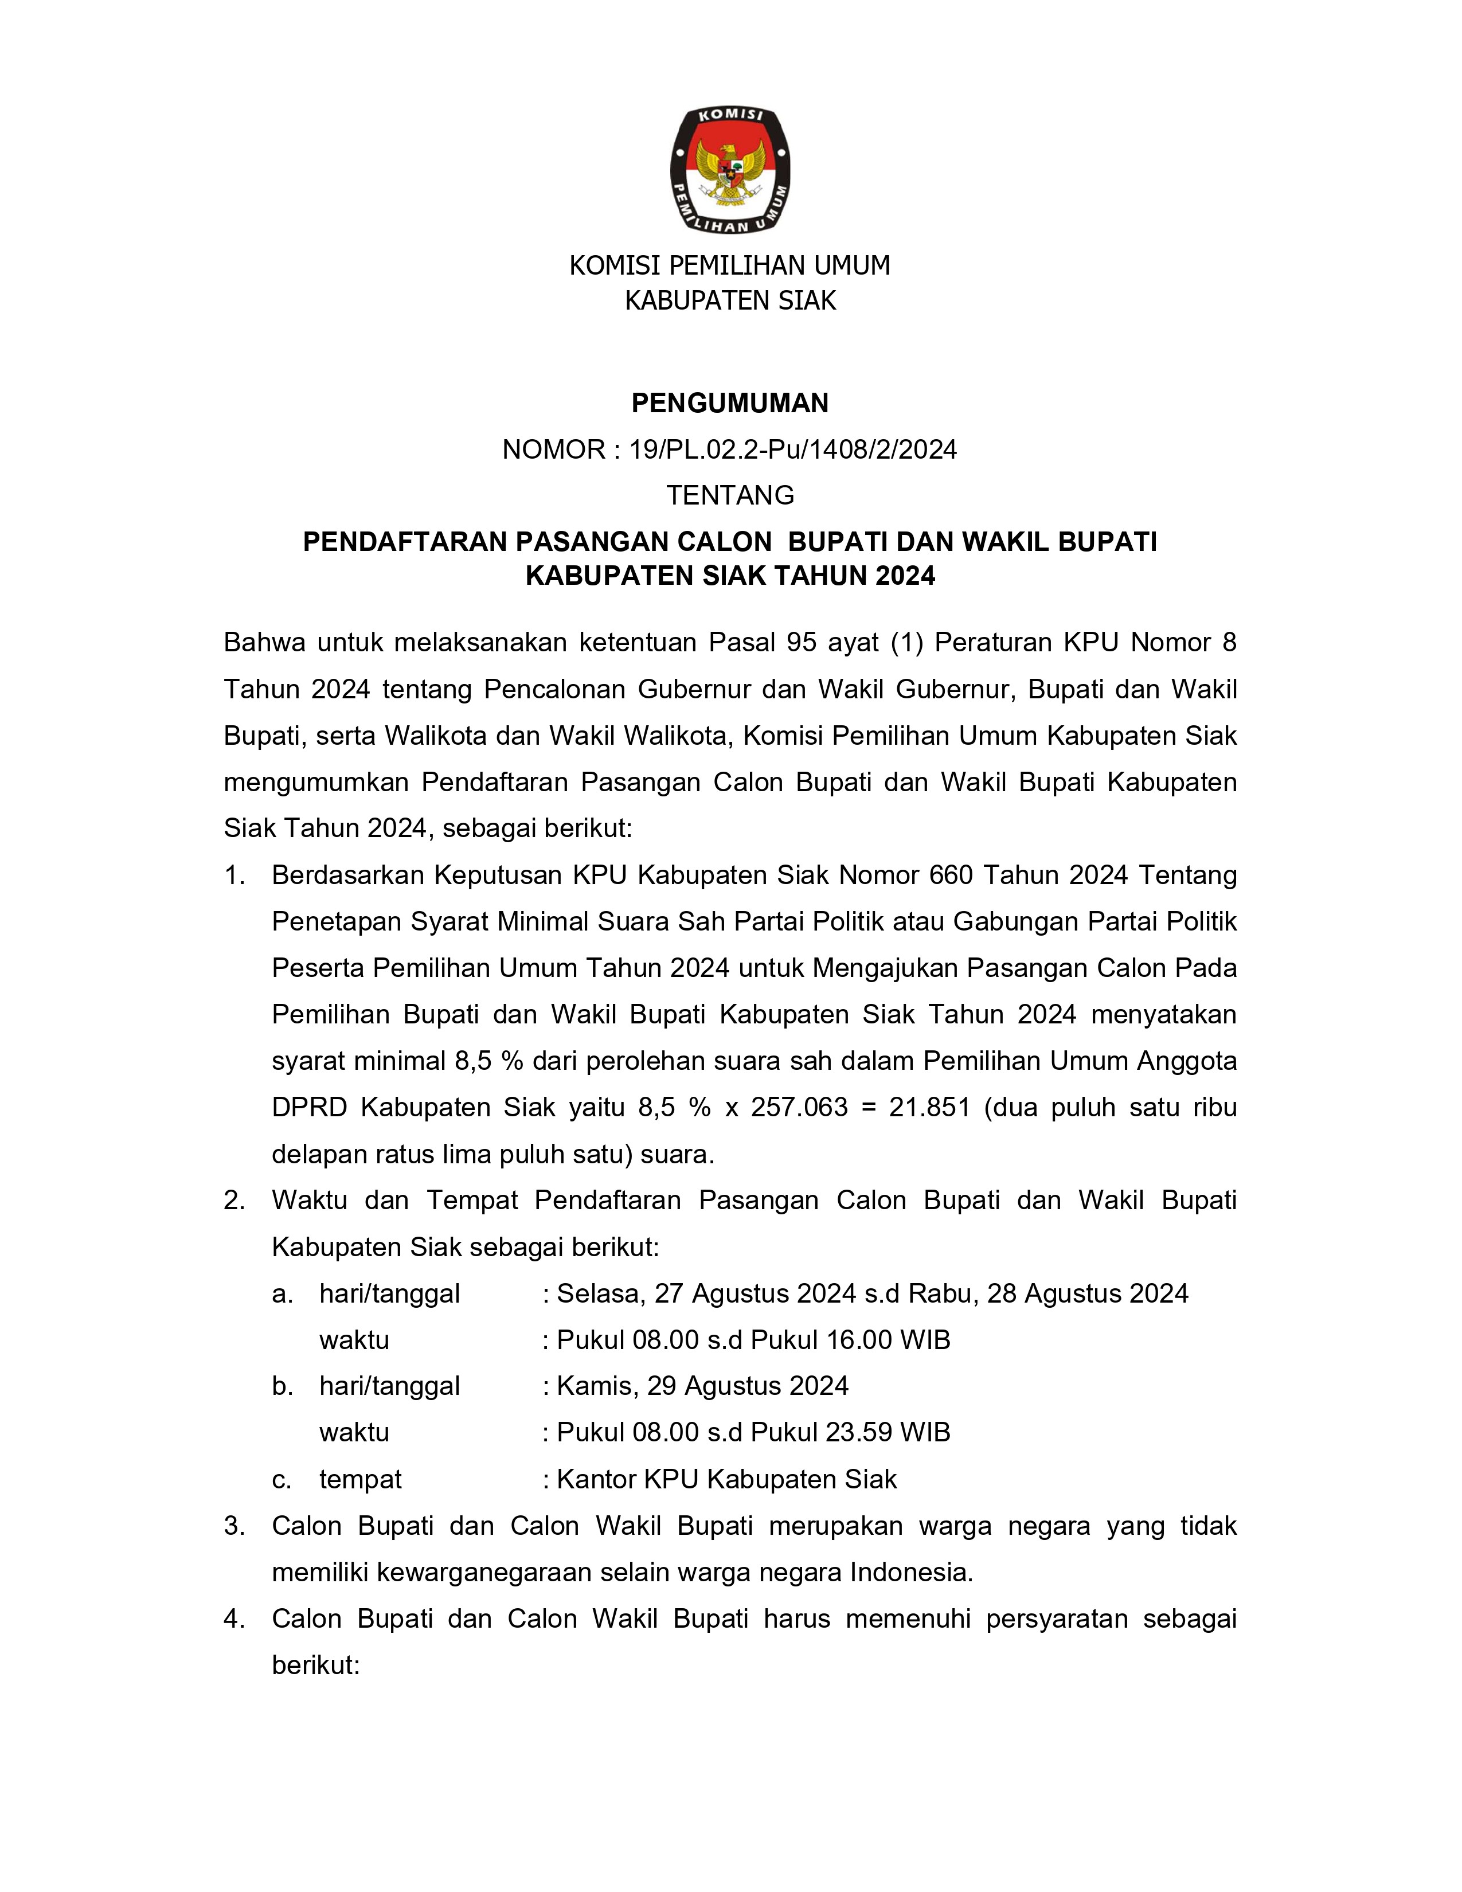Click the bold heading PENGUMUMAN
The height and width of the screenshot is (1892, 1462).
[730, 403]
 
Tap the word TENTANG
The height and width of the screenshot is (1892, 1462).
[730, 495]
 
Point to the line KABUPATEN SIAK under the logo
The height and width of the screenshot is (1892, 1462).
[730, 300]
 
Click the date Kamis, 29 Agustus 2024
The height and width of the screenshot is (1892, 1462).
[702, 1386]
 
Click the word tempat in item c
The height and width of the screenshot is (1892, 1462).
[360, 1480]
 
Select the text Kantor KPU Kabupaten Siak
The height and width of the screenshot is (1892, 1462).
[726, 1480]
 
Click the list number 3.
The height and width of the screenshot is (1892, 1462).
[234, 1526]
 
